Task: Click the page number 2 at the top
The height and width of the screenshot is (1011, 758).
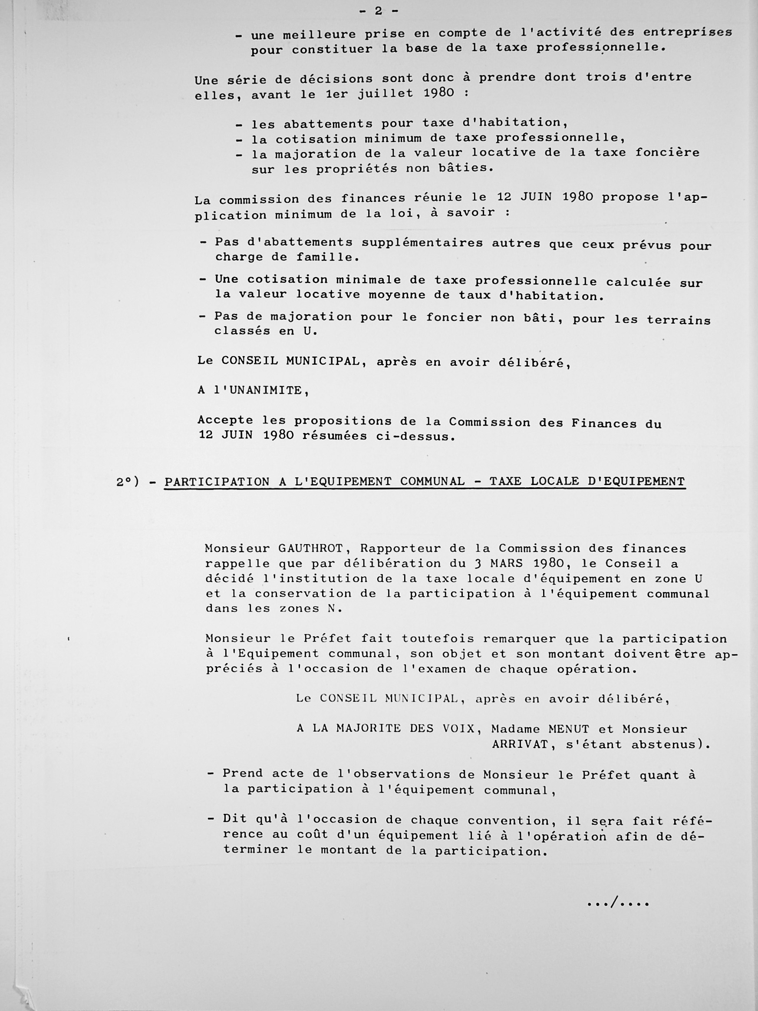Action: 378,11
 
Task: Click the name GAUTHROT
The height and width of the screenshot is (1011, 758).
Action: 313,548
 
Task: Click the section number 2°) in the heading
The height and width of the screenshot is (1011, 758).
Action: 128,482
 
